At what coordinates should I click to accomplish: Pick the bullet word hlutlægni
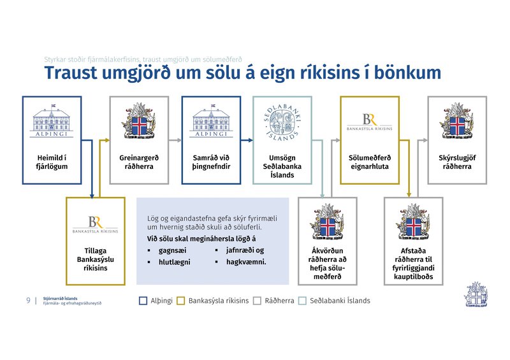point(174,262)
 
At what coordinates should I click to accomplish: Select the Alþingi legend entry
point(156,301)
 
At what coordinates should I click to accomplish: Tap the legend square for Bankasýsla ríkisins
point(180,301)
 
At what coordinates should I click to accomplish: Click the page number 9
point(28,301)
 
